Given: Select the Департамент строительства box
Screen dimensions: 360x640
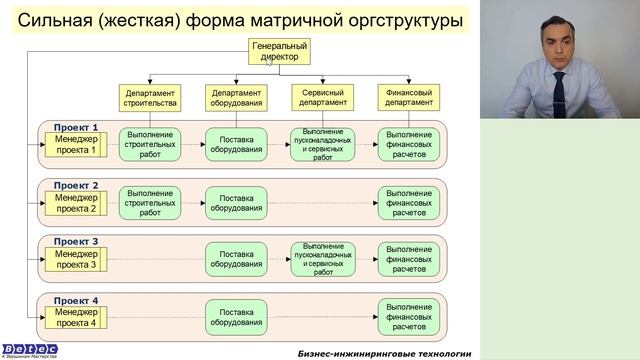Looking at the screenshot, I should point(150,97).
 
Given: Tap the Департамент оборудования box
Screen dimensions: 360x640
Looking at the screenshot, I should point(236,97).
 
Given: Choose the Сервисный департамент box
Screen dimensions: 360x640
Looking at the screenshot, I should point(322,97).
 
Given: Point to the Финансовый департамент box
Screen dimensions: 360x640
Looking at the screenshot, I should point(409,97).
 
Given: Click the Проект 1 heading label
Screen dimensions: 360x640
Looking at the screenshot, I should point(76,128).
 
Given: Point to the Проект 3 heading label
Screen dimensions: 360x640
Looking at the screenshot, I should point(76,242).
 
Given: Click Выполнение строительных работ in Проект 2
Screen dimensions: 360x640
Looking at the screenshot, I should point(150,202).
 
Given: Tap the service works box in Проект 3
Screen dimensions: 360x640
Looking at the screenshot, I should point(322,259).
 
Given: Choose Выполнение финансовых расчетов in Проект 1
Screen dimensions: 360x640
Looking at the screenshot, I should point(409,144).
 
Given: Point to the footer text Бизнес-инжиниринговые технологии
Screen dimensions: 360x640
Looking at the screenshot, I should point(384,353).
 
